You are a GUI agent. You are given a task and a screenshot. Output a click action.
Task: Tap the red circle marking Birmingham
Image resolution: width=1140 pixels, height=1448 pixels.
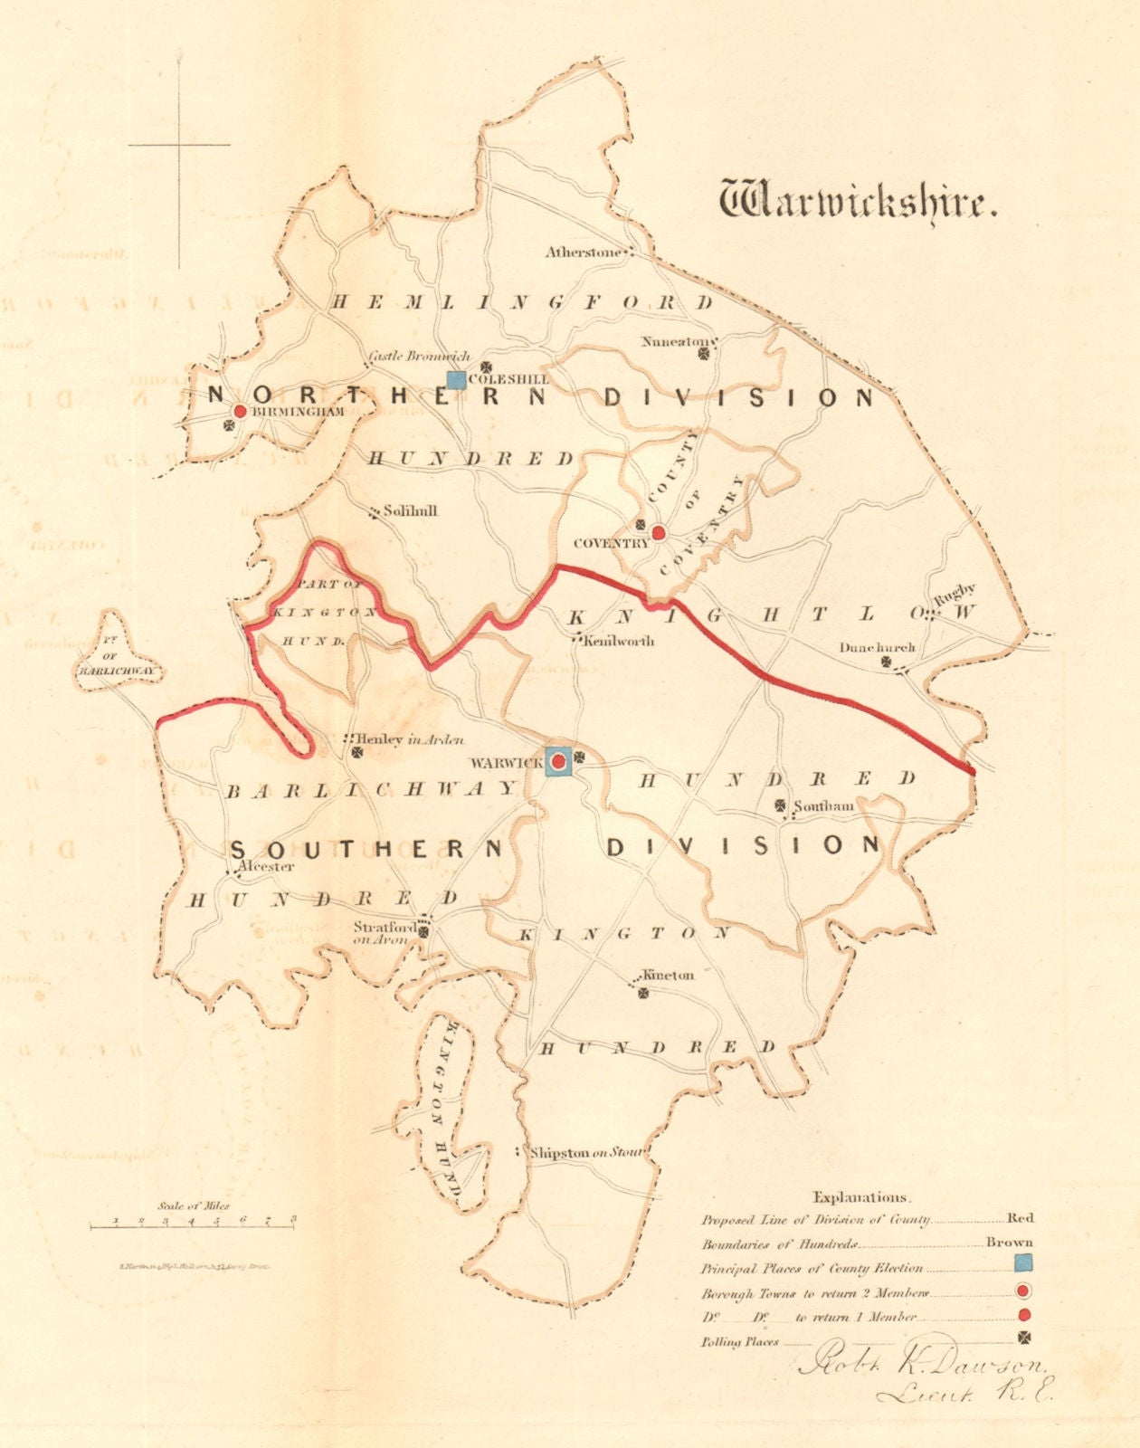[240, 411]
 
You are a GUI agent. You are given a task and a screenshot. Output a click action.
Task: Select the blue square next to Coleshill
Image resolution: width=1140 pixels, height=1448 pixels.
[457, 379]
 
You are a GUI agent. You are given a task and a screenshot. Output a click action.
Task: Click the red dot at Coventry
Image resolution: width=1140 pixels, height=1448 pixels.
[660, 532]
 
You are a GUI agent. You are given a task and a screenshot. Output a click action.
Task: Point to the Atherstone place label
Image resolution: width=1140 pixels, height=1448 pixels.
[584, 252]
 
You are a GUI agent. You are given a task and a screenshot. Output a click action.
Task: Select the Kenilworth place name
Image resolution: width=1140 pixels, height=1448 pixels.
[619, 642]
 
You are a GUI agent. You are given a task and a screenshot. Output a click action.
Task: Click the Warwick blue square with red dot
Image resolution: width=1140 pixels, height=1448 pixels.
[558, 763]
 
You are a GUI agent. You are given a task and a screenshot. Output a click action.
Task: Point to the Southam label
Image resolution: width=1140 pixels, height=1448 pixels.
[823, 805]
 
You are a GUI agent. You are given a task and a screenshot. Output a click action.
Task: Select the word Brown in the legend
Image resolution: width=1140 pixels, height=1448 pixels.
[1009, 1242]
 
